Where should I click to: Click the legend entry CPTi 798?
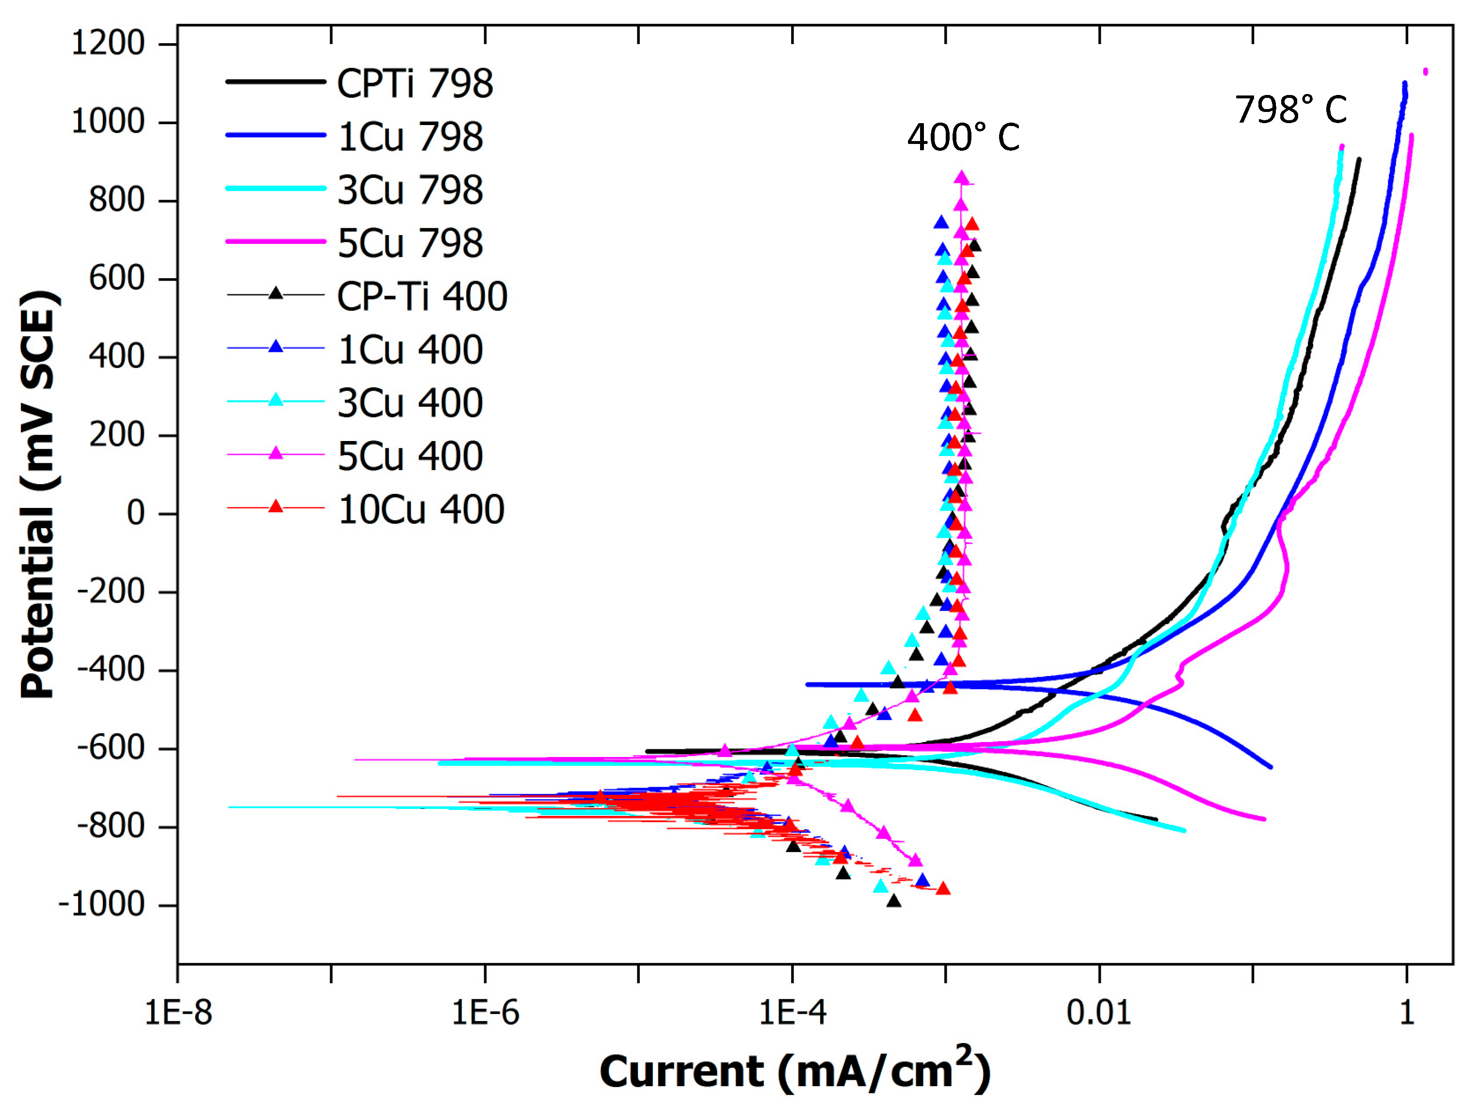[x=414, y=83]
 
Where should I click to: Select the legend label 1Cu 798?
[x=410, y=136]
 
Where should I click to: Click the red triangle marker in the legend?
[x=275, y=506]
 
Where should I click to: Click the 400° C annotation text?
[x=963, y=138]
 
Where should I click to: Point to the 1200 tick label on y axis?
[x=108, y=44]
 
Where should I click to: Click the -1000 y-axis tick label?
[x=102, y=904]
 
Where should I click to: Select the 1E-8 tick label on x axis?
[x=178, y=1012]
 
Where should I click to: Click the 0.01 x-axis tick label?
[x=1098, y=1012]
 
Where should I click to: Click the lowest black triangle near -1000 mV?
[x=894, y=901]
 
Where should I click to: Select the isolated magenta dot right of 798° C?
[x=1425, y=71]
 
